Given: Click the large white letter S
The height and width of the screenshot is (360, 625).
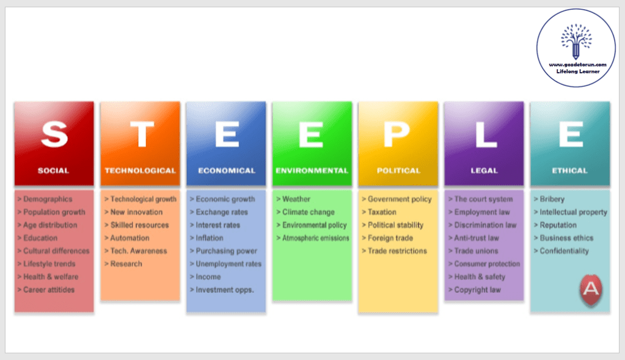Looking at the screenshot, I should (54, 134).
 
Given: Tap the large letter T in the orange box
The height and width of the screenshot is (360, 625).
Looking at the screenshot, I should (141, 134).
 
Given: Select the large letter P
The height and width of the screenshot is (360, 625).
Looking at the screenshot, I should (398, 134).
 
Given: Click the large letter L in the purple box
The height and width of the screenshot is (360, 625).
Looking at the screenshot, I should (484, 134).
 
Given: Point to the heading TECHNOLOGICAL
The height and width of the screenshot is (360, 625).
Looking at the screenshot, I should (141, 171).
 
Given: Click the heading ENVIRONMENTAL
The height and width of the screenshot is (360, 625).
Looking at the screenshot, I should (312, 171).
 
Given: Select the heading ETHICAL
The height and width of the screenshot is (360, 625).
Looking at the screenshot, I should (569, 171).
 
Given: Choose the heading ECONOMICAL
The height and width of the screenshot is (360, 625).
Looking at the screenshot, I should (226, 171).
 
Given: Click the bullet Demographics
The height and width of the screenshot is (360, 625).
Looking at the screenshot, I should (48, 199).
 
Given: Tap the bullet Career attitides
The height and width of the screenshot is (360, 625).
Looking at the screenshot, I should (49, 290).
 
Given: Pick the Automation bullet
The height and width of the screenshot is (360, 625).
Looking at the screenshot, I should (130, 238).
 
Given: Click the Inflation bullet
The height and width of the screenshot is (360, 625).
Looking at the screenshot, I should (209, 238).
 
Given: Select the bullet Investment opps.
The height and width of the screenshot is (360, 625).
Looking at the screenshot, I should (224, 290).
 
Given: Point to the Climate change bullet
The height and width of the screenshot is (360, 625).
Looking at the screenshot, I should (308, 212).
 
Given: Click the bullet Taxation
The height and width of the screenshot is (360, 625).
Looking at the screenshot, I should (382, 212).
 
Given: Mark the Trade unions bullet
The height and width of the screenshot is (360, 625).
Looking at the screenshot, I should (476, 251).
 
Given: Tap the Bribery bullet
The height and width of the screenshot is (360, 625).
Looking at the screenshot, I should (552, 199).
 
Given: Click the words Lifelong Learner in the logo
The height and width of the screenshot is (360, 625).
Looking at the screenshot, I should (577, 72).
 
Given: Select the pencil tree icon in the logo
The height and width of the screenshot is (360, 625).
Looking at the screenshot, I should (576, 42).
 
